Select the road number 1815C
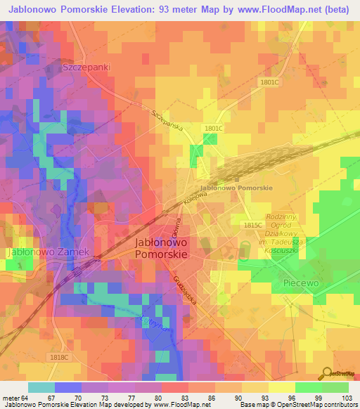point(252,225)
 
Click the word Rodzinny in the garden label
point(283,217)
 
